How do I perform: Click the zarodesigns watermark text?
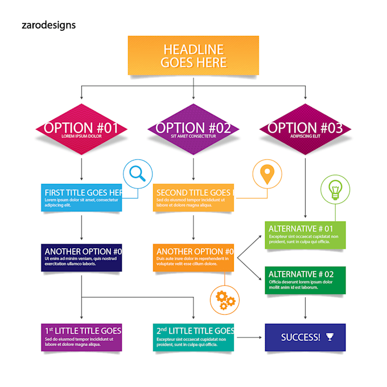[x=48, y=25]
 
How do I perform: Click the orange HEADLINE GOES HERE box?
[x=193, y=56]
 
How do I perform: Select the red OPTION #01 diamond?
[x=81, y=129]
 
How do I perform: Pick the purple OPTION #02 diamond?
[x=193, y=129]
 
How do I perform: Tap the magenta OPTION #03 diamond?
[x=305, y=129]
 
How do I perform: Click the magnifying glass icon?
[x=138, y=173]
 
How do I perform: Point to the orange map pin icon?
[x=267, y=173]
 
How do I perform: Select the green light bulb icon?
[x=335, y=188]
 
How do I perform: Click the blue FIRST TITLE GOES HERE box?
[x=81, y=197]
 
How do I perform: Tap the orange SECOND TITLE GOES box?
[x=193, y=197]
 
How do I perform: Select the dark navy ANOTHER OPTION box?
[x=81, y=257]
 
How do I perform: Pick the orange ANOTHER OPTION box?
[x=193, y=257]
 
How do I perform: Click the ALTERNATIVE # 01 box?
[x=305, y=234]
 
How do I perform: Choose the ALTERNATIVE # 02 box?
[x=305, y=280]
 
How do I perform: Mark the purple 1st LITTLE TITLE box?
[x=81, y=337]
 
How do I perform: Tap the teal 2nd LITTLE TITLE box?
[x=193, y=337]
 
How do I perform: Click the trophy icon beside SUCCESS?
[x=330, y=337]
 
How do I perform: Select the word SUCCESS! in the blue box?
[x=300, y=337]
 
